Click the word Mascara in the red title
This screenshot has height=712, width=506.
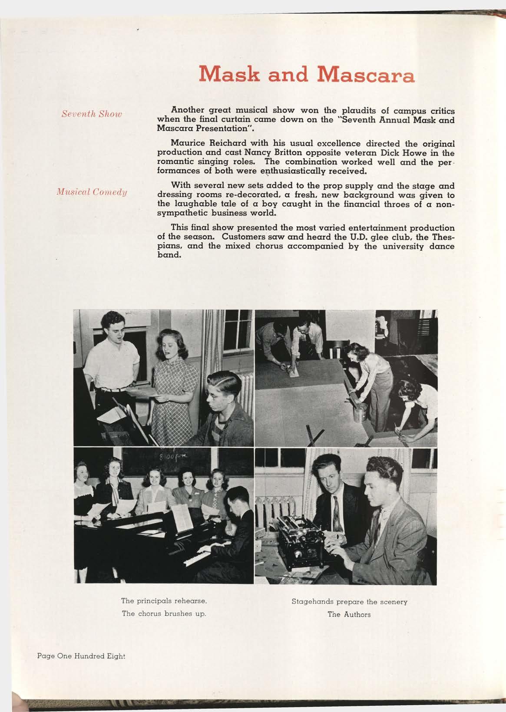pos(366,75)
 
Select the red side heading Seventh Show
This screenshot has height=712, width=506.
pos(92,114)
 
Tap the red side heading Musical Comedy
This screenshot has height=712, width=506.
pos(91,192)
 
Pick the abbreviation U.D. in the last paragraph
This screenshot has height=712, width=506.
pos(338,237)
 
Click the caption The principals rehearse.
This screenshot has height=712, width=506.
pos(164,601)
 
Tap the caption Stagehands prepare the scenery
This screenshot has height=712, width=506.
pos(349,602)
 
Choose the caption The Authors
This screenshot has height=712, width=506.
pos(349,614)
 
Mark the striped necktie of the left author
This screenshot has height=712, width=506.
pos(336,512)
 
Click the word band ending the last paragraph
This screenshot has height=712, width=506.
pos(169,255)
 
